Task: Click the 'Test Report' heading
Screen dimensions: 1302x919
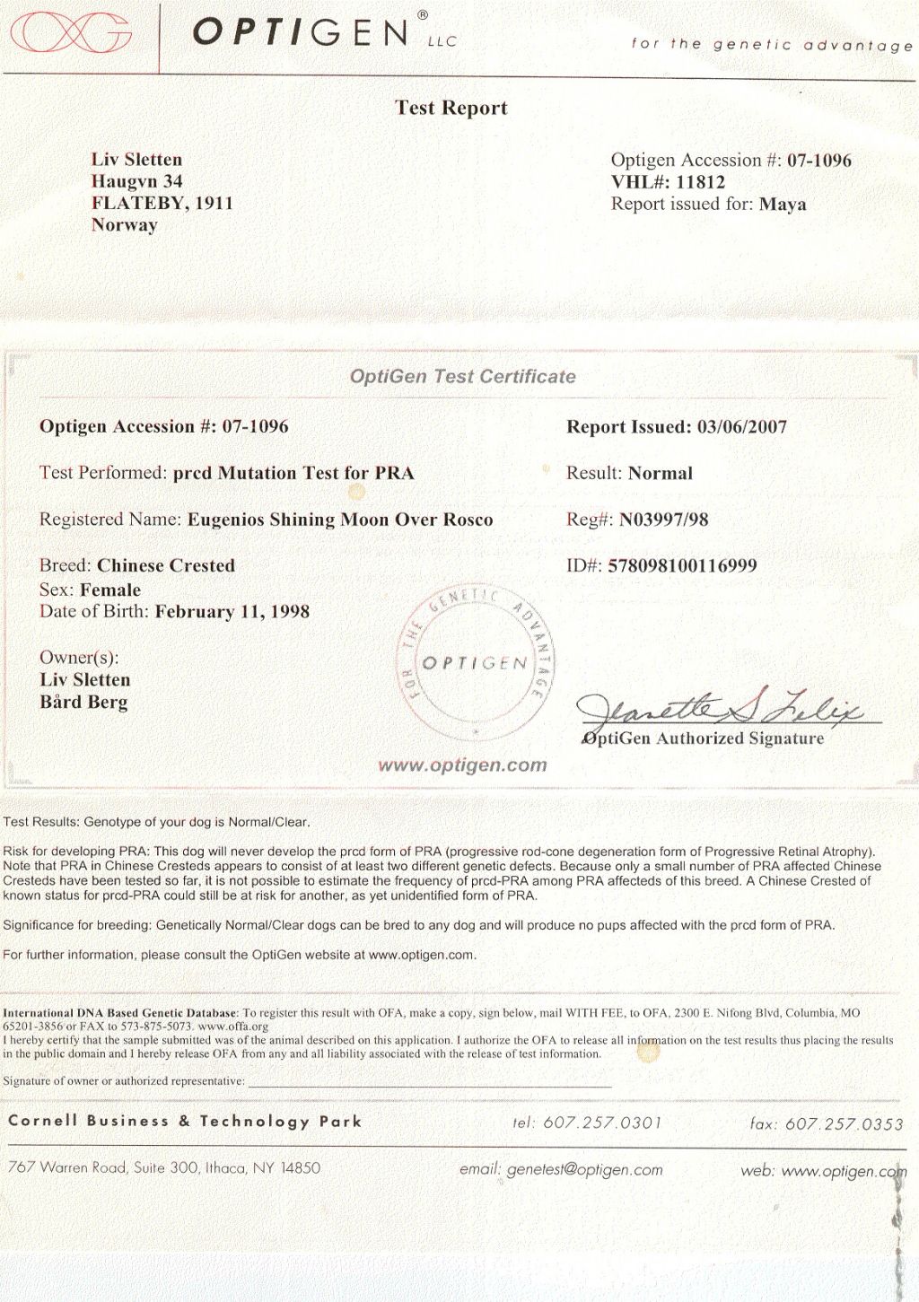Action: [x=451, y=108]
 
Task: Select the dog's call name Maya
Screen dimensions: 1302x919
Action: [x=783, y=204]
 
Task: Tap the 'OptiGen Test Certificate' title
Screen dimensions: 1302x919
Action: [x=463, y=377]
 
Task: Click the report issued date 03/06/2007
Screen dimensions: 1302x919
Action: [x=741, y=427]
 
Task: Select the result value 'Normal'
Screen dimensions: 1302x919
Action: [x=661, y=473]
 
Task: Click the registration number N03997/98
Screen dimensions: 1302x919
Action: [x=664, y=520]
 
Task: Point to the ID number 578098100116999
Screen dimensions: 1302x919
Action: [x=682, y=566]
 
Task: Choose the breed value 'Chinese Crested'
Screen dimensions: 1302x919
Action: [x=166, y=566]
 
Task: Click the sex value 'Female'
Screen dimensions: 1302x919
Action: [x=110, y=590]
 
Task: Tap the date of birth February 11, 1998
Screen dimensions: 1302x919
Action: [x=232, y=612]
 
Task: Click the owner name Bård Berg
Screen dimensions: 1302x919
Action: [x=83, y=702]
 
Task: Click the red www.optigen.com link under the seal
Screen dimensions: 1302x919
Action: [x=463, y=765]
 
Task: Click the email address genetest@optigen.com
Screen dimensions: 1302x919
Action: [x=584, y=1169]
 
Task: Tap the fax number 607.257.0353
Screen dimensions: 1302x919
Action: [x=844, y=1123]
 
